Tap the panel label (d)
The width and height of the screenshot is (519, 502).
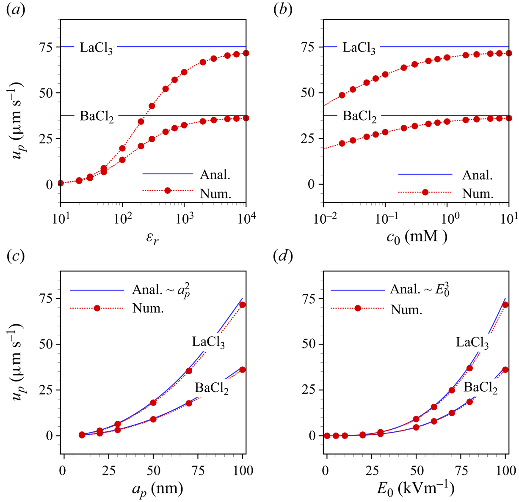[283, 257]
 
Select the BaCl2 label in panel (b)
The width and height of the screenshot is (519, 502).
[359, 116]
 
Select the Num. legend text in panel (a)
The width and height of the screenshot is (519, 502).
[215, 194]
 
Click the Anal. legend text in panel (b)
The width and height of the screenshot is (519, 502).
[478, 175]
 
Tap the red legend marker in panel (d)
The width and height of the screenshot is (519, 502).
[358, 308]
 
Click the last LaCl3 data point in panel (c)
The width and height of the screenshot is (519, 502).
[243, 305]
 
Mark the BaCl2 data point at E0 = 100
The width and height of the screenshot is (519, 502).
[505, 370]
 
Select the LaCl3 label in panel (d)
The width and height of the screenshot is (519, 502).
[472, 343]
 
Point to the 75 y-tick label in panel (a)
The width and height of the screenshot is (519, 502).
[47, 47]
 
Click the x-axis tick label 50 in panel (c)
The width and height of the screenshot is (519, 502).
[153, 470]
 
